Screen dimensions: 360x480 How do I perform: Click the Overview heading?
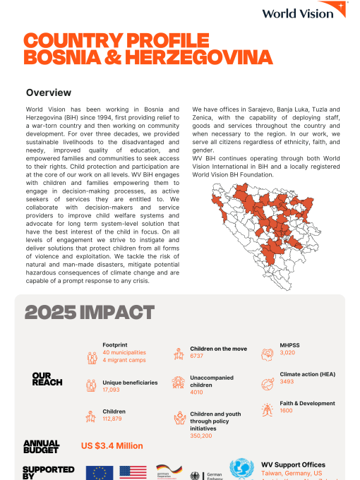[48, 92]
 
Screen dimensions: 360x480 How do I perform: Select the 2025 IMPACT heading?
[90, 312]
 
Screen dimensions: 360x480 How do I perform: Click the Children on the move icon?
[178, 354]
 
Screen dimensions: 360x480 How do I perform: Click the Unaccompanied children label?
[212, 382]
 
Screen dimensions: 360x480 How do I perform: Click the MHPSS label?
[289, 345]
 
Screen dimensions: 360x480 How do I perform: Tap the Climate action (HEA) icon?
[267, 383]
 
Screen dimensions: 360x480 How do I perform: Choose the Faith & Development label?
[307, 404]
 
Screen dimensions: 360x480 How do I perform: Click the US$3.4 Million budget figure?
[112, 445]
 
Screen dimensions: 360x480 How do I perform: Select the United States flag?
[133, 473]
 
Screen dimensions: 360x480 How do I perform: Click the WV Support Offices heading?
[293, 465]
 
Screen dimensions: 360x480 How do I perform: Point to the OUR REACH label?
[47, 378]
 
